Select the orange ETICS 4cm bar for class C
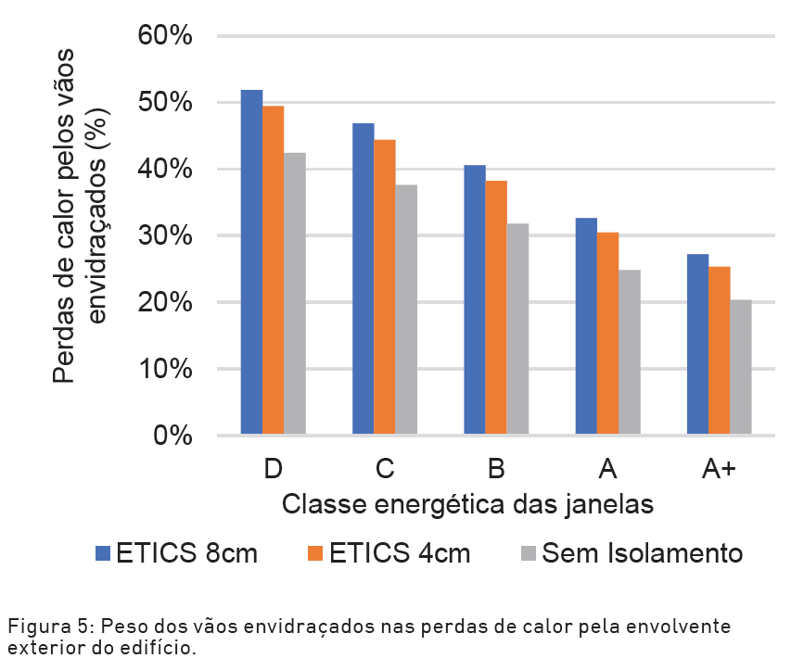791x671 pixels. (384, 286)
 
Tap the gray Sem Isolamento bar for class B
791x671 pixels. (517, 329)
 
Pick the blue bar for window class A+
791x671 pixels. (697, 344)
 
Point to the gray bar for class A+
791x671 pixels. (740, 367)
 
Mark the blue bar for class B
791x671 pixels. (474, 299)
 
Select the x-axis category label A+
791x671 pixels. (719, 469)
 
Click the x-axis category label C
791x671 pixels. (384, 469)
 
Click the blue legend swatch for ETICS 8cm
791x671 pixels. (103, 553)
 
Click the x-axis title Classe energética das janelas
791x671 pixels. (468, 504)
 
